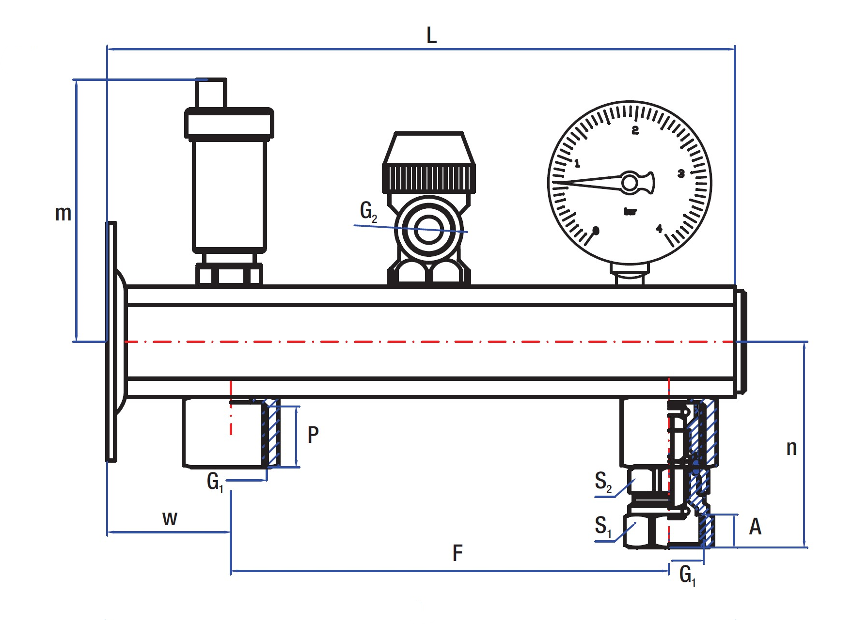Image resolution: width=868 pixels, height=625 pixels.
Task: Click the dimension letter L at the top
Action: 431,35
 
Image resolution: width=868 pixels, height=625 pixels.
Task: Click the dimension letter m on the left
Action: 63,213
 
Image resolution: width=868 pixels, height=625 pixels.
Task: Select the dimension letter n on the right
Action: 791,448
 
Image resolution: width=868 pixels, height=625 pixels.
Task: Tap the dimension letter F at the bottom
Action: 458,553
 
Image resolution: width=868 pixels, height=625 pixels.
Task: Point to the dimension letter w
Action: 170,518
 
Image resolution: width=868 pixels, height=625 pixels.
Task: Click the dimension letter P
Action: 313,435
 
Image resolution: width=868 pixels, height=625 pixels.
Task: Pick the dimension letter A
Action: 755,527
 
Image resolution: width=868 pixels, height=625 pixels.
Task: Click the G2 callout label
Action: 368,212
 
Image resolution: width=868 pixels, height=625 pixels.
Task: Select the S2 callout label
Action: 603,482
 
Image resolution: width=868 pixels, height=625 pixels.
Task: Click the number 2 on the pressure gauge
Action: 635,130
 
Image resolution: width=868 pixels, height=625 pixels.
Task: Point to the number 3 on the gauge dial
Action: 681,173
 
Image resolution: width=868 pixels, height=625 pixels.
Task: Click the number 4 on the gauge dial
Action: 659,229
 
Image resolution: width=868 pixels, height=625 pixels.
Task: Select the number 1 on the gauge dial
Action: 577,164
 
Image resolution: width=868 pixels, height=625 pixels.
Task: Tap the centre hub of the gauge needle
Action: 630,183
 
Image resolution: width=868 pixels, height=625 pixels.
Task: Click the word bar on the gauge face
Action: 630,212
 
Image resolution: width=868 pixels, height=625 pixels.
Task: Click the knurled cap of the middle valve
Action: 429,177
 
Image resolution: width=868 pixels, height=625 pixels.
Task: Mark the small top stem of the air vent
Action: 211,93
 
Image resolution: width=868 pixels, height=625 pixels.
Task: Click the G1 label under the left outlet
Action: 215,482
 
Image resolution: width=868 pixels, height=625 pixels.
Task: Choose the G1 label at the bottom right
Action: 687,576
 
